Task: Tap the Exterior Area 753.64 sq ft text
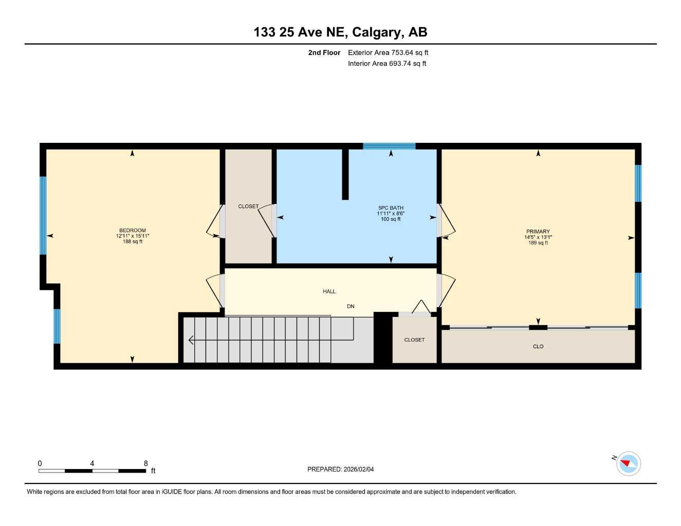[x=388, y=52]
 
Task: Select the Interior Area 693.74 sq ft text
[x=387, y=64]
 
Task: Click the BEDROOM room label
[x=133, y=231]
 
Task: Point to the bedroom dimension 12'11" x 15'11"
[x=133, y=236]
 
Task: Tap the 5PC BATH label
[x=391, y=208]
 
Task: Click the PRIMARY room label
[x=538, y=232]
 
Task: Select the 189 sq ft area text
[x=538, y=243]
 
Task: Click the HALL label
[x=329, y=291]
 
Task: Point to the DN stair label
[x=351, y=307]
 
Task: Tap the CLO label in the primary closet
[x=538, y=347]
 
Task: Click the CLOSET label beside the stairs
[x=414, y=340]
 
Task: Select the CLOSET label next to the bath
[x=248, y=206]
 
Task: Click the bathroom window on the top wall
[x=389, y=146]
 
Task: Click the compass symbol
[x=628, y=464]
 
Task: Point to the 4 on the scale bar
[x=92, y=463]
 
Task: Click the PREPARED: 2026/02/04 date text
[x=341, y=469]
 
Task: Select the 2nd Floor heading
[x=324, y=52]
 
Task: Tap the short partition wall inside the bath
[x=345, y=174]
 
